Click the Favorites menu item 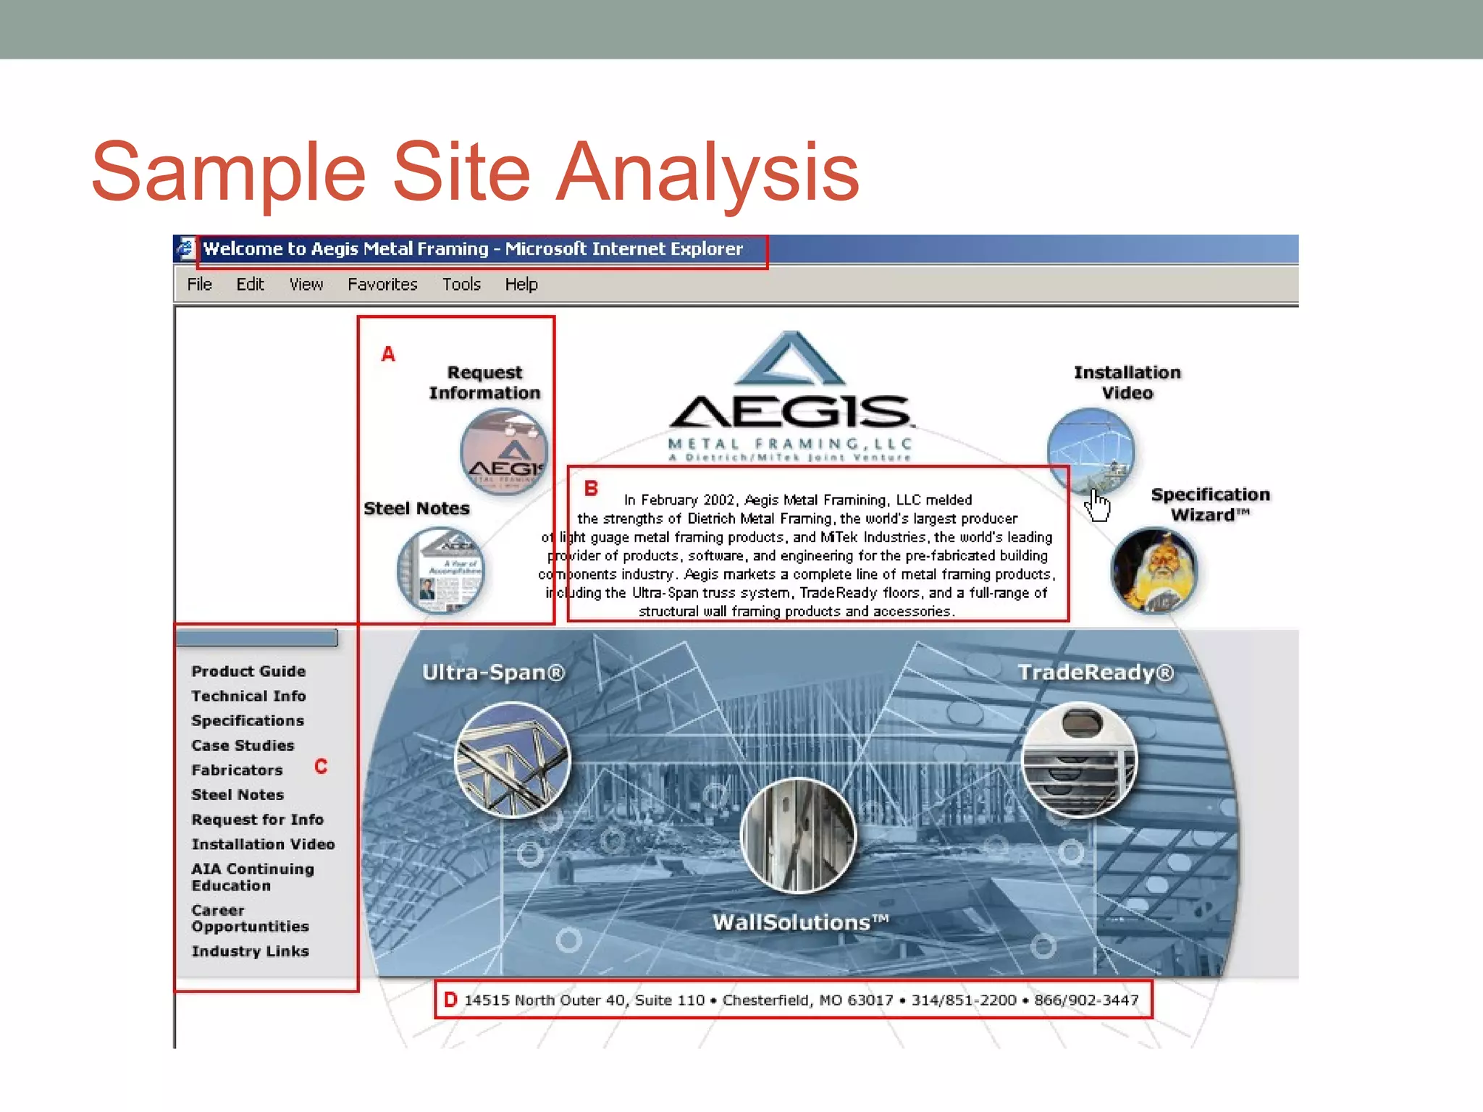pyautogui.click(x=382, y=285)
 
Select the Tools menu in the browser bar pyautogui.click(x=461, y=285)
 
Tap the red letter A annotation pyautogui.click(x=388, y=354)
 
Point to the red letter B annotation pyautogui.click(x=591, y=489)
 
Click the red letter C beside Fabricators pyautogui.click(x=321, y=766)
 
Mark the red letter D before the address pyautogui.click(x=450, y=1000)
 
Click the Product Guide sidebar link pyautogui.click(x=248, y=671)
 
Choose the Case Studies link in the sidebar pyautogui.click(x=243, y=745)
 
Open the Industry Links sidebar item pyautogui.click(x=250, y=951)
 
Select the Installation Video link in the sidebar pyautogui.click(x=263, y=844)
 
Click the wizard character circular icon pyautogui.click(x=1154, y=570)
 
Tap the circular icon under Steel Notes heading pyautogui.click(x=440, y=570)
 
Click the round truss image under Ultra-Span pyautogui.click(x=513, y=759)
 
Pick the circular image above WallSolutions pyautogui.click(x=798, y=835)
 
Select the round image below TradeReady pyautogui.click(x=1079, y=759)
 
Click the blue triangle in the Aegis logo pyautogui.click(x=789, y=360)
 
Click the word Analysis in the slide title pyautogui.click(x=707, y=172)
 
